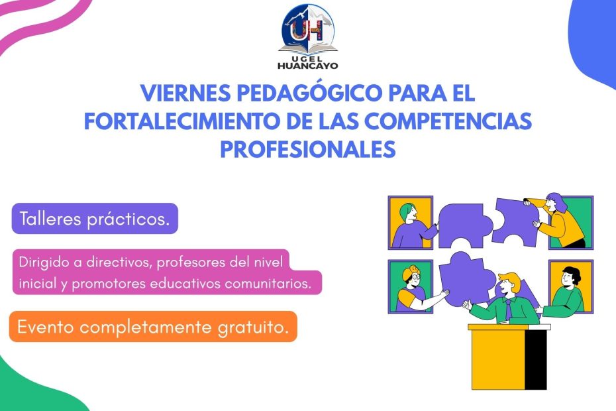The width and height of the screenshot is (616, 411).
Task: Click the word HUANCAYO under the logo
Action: click(307, 66)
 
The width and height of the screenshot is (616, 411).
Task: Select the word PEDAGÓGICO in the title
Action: click(309, 92)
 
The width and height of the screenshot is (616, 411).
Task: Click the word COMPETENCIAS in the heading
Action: click(448, 121)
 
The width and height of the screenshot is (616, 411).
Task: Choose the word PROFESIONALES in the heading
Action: click(307, 149)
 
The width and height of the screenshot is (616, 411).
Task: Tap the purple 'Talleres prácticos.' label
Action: click(95, 219)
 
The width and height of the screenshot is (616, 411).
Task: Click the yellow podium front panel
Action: click(498, 358)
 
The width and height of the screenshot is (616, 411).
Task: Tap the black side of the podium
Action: click(536, 359)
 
